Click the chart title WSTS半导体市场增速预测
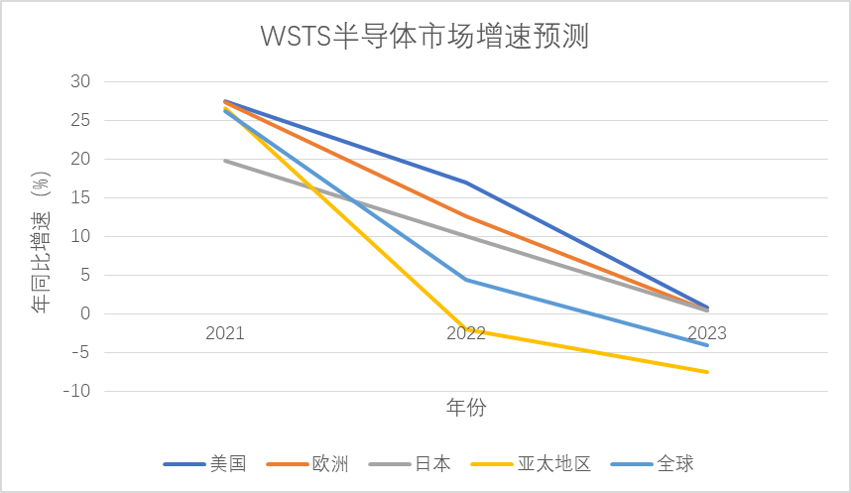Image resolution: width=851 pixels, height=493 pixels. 425,37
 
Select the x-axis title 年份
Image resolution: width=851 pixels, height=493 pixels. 465,408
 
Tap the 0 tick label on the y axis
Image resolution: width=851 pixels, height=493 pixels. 84,313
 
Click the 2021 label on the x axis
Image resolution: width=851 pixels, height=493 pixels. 225,333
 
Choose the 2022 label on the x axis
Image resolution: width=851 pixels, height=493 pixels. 465,333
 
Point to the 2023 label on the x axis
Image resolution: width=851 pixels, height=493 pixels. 706,333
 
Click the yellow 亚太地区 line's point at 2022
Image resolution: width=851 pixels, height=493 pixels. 465,330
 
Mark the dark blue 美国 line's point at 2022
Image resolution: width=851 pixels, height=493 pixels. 465,183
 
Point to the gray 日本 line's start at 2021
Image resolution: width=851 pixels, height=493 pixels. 225,161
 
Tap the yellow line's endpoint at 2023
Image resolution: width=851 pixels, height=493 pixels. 706,372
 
